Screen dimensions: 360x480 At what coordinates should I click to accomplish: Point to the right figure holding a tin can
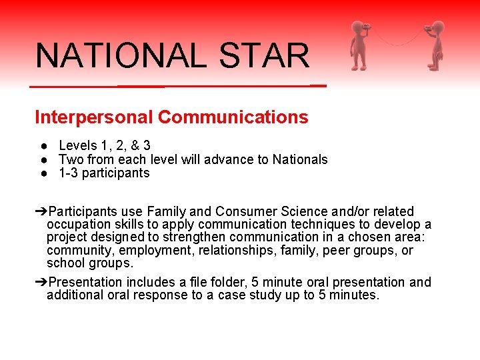(435, 45)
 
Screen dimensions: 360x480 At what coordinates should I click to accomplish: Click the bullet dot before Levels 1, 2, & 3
(42, 145)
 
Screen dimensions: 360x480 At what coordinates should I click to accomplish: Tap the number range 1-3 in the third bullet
(67, 173)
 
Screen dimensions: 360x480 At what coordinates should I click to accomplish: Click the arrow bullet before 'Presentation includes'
(41, 282)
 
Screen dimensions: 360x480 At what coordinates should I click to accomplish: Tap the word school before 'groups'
(65, 263)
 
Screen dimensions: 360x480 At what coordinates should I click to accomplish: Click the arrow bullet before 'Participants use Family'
(41, 211)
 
